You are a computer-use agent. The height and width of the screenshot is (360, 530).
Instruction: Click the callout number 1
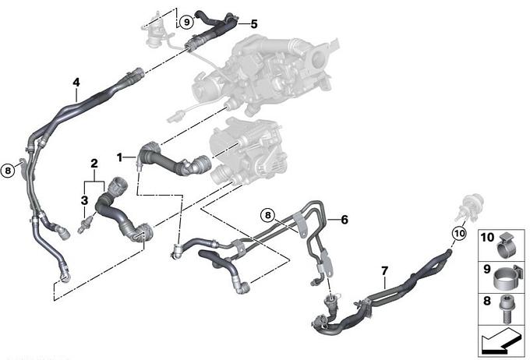[119, 157]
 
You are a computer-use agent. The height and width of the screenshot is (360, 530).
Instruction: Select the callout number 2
[94, 164]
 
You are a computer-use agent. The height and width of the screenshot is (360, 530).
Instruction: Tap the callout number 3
[84, 200]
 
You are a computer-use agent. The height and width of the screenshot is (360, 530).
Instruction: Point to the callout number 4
[76, 82]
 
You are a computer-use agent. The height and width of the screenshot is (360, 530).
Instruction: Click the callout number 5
[254, 24]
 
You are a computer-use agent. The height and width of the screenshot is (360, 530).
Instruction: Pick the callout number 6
[344, 220]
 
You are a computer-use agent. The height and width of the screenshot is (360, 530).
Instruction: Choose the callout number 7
[385, 270]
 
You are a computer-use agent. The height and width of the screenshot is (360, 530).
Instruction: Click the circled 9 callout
[186, 23]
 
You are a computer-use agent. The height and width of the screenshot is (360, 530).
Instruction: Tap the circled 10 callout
[460, 233]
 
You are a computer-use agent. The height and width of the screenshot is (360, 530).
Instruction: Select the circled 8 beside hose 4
[8, 171]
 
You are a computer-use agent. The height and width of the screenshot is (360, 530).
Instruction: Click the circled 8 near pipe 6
[267, 215]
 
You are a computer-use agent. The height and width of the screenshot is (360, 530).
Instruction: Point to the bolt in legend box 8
[505, 309]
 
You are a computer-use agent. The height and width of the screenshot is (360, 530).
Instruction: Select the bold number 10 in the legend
[487, 238]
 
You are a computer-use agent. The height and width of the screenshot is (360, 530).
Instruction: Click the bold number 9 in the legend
[486, 270]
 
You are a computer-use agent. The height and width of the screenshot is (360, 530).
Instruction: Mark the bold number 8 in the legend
[486, 301]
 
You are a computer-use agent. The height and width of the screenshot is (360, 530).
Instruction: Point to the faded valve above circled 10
[470, 206]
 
